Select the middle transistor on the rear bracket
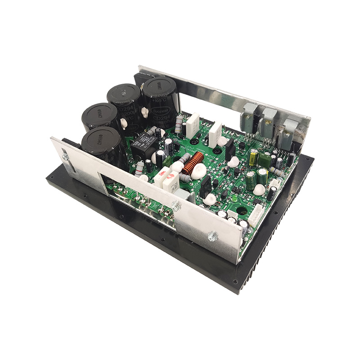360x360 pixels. point(269,120)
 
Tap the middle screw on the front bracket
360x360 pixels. point(176,207)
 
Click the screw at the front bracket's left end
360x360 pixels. point(66,156)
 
